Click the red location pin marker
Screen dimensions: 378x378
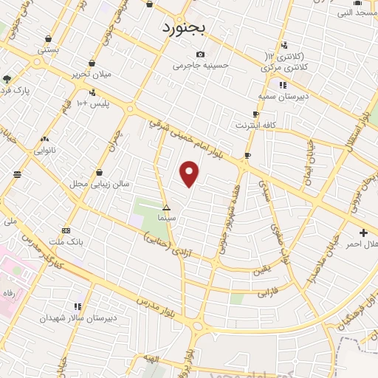coord(190,173)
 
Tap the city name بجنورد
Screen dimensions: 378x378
coord(186,29)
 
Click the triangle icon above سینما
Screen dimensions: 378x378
coord(166,207)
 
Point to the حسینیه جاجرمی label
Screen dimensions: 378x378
coord(198,65)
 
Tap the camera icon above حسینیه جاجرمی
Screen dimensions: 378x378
coord(200,54)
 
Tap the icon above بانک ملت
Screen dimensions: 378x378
coord(67,230)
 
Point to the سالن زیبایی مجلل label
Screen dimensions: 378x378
coord(89,183)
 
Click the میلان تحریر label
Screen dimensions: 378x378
coord(91,75)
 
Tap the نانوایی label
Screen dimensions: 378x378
coord(45,150)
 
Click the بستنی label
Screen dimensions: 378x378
coord(49,50)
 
